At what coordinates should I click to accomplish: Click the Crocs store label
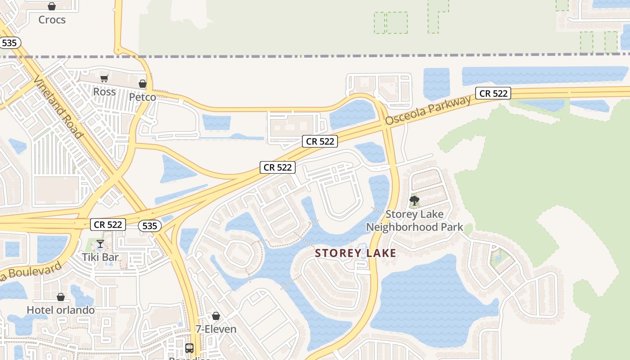click(x=52, y=20)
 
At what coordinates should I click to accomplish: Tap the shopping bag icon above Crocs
click(x=52, y=7)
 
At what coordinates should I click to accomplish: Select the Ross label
click(x=104, y=92)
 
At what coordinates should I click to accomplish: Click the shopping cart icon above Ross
click(x=104, y=79)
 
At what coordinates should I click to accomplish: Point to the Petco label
click(x=142, y=97)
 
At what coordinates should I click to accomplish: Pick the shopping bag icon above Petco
click(x=143, y=84)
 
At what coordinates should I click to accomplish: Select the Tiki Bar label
click(x=100, y=257)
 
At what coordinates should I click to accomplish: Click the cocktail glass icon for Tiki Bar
click(x=100, y=244)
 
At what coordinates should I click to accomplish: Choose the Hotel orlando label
click(x=61, y=310)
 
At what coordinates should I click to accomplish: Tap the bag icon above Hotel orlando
click(x=61, y=297)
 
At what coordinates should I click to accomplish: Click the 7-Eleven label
click(x=216, y=329)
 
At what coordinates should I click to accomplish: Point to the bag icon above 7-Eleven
click(x=216, y=316)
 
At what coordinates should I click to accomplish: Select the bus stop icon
click(x=189, y=348)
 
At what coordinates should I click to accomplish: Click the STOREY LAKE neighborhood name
click(x=355, y=253)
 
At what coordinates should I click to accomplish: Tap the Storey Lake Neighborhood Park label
click(x=414, y=220)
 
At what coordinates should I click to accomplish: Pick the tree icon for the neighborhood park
click(x=414, y=200)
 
